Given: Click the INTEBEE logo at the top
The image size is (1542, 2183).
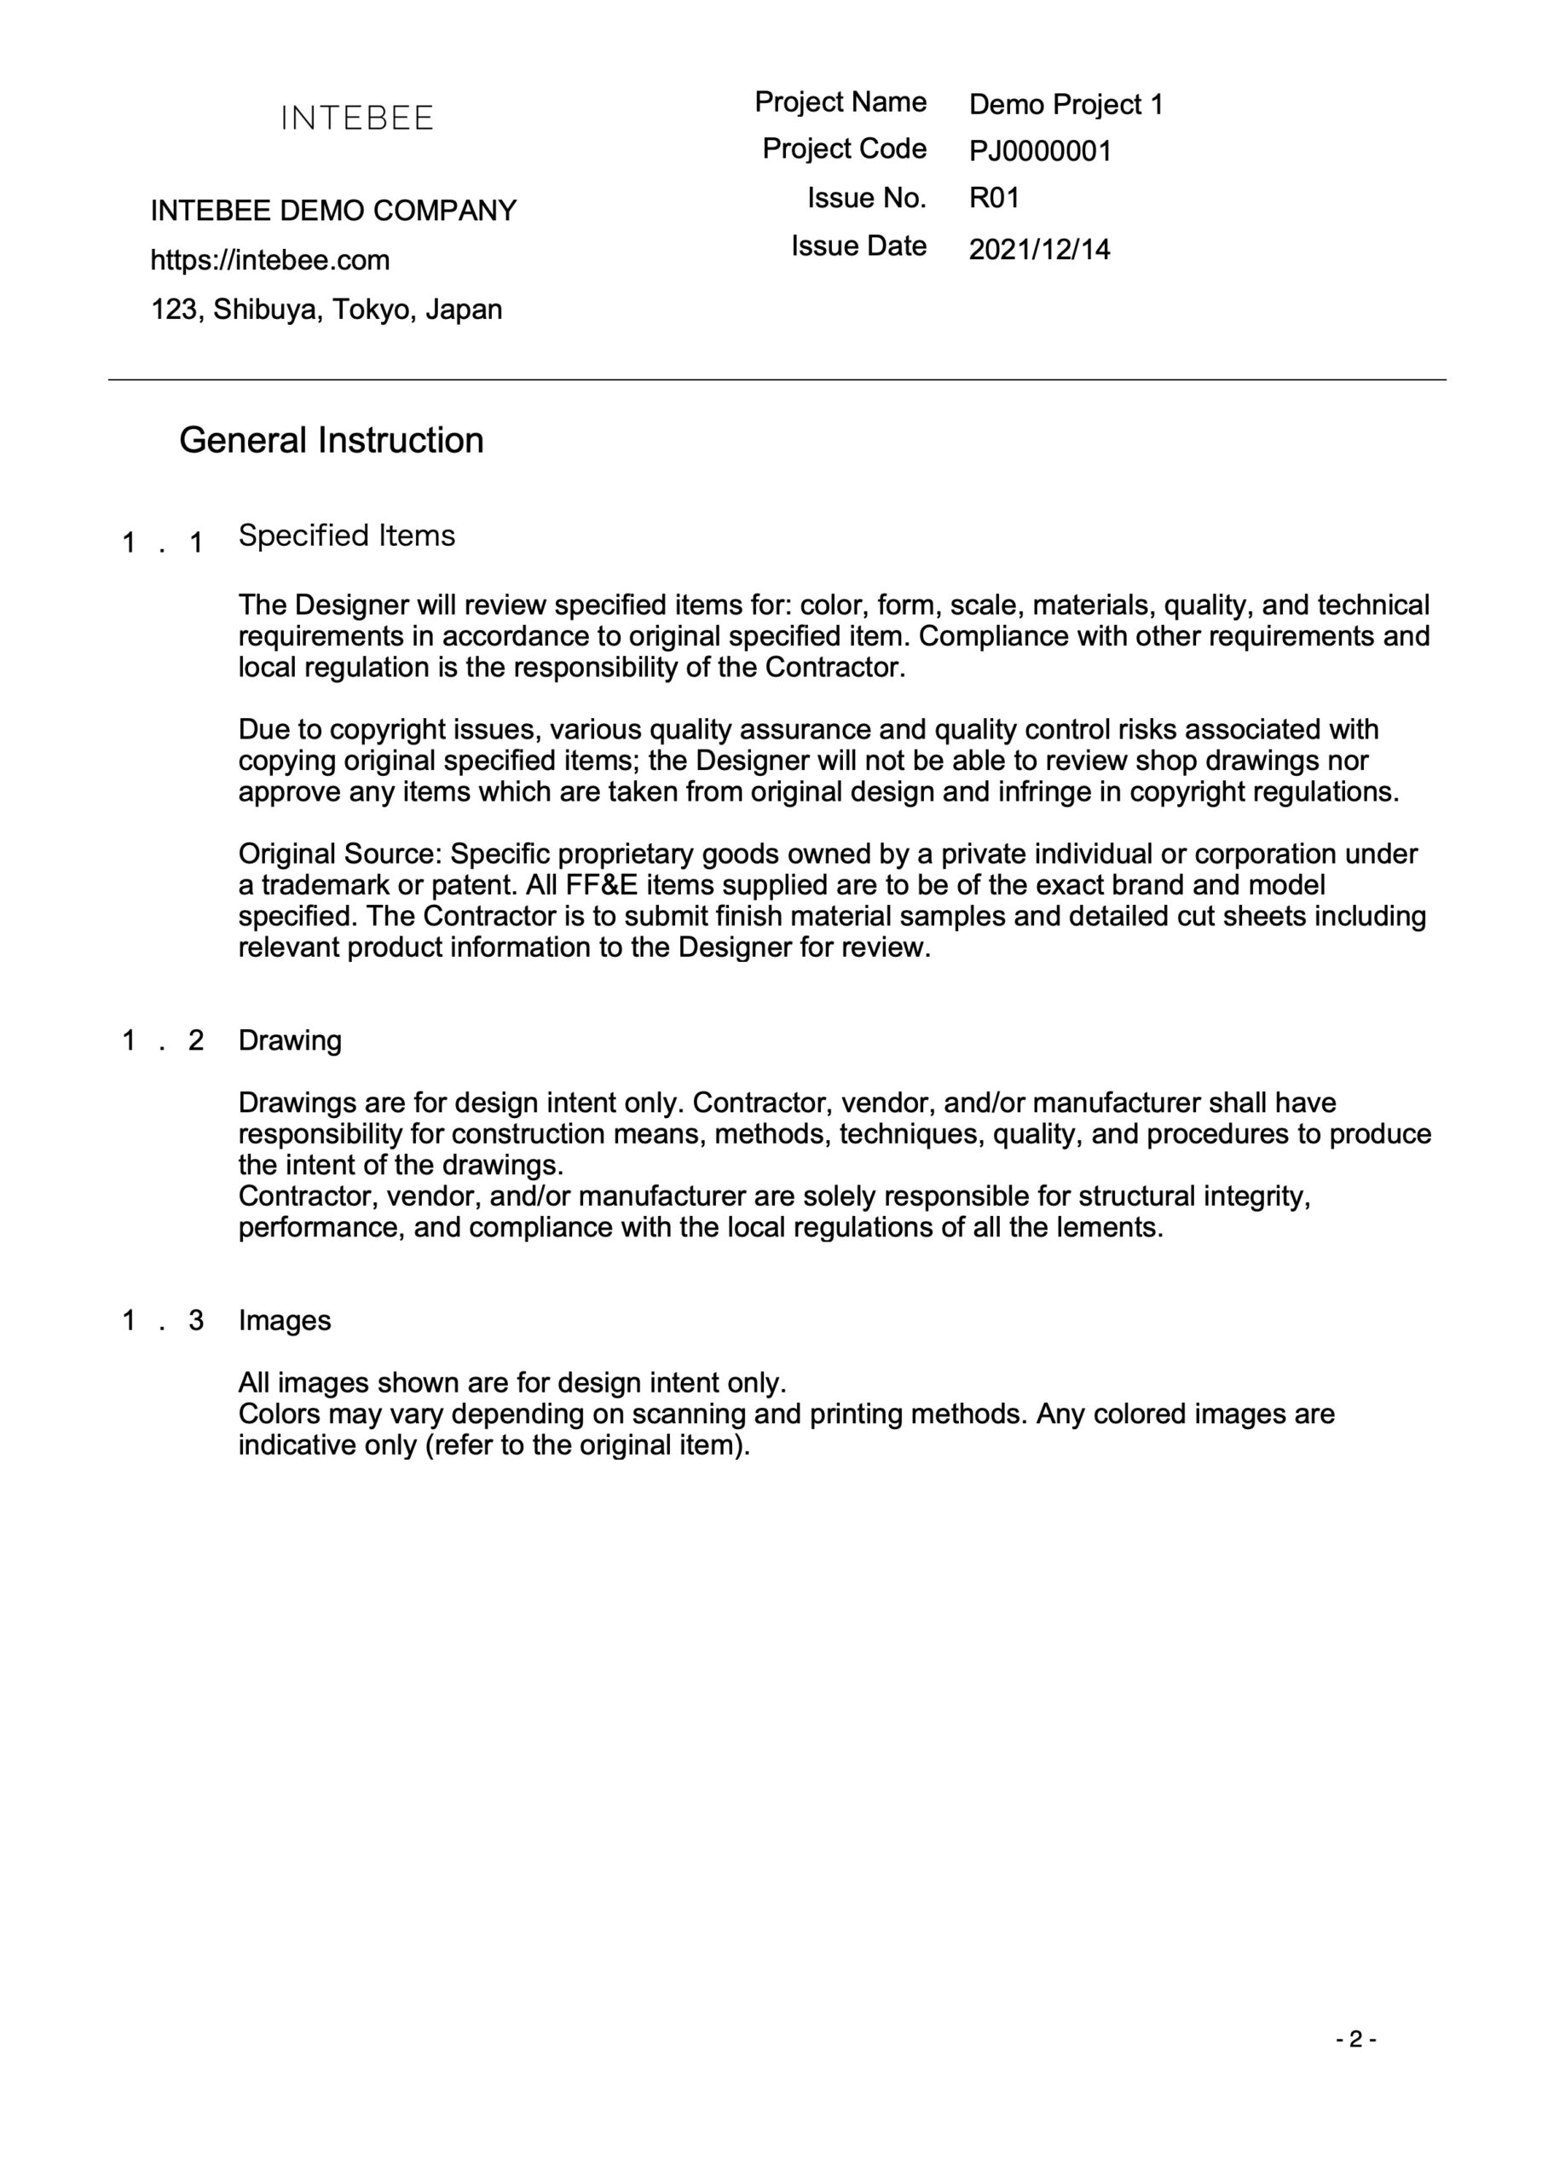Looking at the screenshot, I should pyautogui.click(x=356, y=118).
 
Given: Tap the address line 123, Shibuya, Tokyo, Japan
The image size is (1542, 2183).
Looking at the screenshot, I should pyautogui.click(x=326, y=309).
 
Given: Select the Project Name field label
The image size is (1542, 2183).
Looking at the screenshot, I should pyautogui.click(x=840, y=101).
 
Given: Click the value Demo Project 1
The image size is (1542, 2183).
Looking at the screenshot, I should pyautogui.click(x=1066, y=105).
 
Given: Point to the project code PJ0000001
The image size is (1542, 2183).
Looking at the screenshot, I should pyautogui.click(x=1040, y=151).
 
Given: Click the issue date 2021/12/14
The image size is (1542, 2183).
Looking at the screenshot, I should pyautogui.click(x=1039, y=249).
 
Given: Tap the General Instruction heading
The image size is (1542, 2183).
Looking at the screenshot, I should pyautogui.click(x=331, y=440).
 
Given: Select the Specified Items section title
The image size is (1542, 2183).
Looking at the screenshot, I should pyautogui.click(x=346, y=536).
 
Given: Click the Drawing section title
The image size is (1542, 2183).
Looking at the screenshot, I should pyautogui.click(x=290, y=1040).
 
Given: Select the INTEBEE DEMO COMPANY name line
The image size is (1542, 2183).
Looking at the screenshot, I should pyautogui.click(x=332, y=210).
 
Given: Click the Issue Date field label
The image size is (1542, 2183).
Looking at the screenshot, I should pyautogui.click(x=858, y=246).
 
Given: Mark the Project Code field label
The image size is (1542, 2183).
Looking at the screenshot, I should pyautogui.click(x=843, y=148).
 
